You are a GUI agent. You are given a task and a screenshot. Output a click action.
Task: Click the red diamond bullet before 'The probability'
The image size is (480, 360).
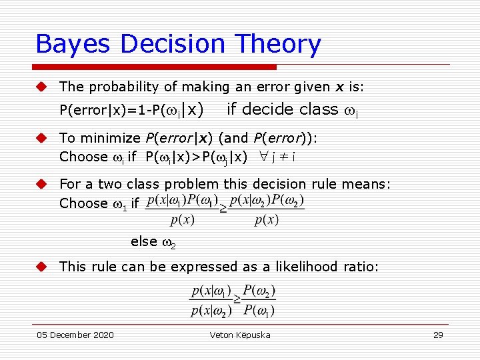[41, 87]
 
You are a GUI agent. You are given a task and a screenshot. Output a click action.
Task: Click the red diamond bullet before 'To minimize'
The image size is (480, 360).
[41, 138]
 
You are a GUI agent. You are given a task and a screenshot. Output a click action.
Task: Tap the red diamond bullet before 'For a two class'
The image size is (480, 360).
[41, 184]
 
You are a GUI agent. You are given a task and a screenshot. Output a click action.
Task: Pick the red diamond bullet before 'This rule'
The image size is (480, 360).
[41, 267]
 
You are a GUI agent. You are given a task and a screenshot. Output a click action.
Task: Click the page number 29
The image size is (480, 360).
[438, 335]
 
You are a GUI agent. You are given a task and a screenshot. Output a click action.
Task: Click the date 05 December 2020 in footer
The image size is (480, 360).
[75, 335]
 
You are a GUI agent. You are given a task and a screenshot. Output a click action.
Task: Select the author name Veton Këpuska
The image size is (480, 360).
[240, 335]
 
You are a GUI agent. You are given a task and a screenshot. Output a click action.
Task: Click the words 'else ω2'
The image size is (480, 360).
[153, 242]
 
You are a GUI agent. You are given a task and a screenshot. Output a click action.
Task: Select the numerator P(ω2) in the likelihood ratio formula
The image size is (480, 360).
[259, 291]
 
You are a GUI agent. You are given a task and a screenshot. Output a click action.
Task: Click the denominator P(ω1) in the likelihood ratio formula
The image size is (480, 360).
[259, 311]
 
